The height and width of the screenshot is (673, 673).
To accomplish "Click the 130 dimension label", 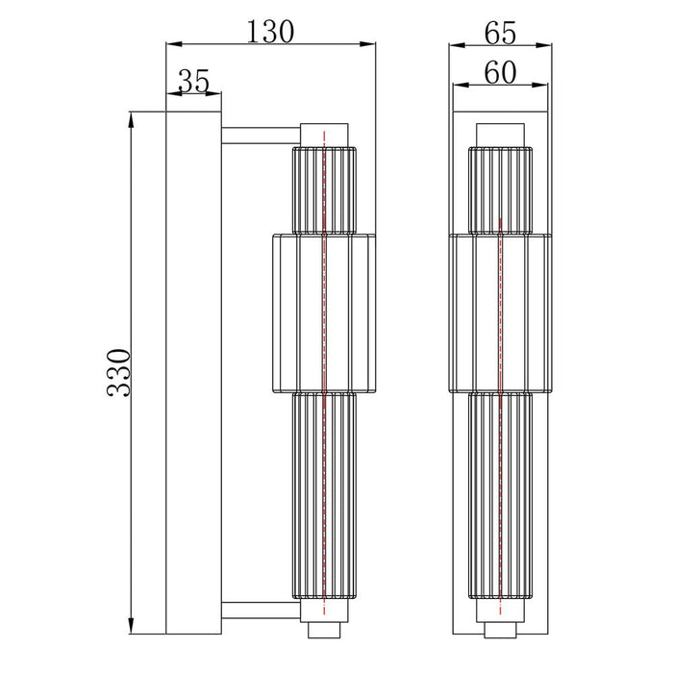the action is click(x=270, y=32).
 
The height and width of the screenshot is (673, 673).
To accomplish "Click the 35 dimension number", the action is click(x=193, y=81).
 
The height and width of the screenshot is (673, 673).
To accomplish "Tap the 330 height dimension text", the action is click(x=118, y=373).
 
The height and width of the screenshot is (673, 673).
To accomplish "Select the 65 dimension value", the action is click(x=500, y=33).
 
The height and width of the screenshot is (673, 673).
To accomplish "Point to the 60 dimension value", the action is click(x=500, y=72).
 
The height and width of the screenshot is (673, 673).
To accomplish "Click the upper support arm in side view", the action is click(x=261, y=136).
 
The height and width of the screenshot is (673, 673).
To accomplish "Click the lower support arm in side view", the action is click(x=261, y=610).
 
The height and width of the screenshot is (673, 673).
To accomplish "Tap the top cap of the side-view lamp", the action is click(x=324, y=136).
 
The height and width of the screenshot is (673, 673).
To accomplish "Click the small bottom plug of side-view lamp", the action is click(x=324, y=630).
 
